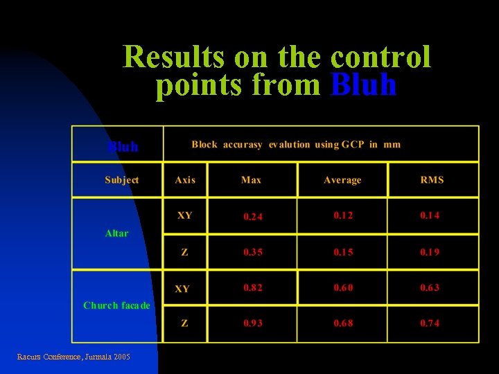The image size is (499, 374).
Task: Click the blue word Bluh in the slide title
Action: pos(364,85)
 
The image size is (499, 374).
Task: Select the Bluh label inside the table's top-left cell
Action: pos(123,147)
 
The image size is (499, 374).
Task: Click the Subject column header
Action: pos(121,180)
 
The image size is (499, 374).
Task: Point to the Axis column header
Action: pos(185,180)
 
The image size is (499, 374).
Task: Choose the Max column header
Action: pos(251,180)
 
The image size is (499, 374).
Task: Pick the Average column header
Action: pos(342,180)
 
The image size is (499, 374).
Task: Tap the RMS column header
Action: pos(432,180)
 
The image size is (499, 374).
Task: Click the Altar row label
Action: pos(116,233)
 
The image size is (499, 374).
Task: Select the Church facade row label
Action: pos(116,305)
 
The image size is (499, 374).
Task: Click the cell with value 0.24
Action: pos(253,217)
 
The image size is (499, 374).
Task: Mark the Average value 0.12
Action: pos(343,215)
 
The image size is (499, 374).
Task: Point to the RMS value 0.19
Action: pos(430,252)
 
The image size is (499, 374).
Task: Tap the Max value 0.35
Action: pos(253,252)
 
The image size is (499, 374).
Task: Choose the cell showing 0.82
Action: pos(253,287)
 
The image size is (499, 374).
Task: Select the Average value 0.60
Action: pos(343,287)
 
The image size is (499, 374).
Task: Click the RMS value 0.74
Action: pos(430,323)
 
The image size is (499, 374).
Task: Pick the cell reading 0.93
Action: pos(253,323)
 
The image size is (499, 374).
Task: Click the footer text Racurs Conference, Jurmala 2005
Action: pos(73,357)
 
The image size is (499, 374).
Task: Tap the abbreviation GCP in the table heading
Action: pos(350,145)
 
